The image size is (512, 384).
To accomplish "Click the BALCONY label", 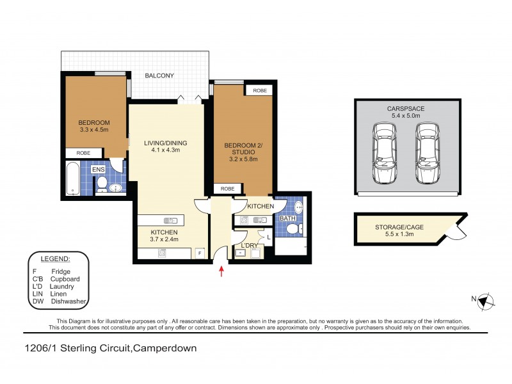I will pos(159,76).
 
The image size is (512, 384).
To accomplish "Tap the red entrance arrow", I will pos(221,271).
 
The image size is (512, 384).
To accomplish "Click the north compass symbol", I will pos(484,300).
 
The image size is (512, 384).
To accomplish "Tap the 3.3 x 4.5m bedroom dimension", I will pos(93,130).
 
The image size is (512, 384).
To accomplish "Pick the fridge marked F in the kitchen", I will pos(200,253).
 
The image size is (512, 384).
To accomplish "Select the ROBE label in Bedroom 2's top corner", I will pos(260,91).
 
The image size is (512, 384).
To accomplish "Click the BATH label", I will pos(287,218).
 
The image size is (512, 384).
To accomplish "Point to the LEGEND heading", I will pos(56,259).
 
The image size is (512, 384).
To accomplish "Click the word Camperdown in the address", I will pos(165,349).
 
